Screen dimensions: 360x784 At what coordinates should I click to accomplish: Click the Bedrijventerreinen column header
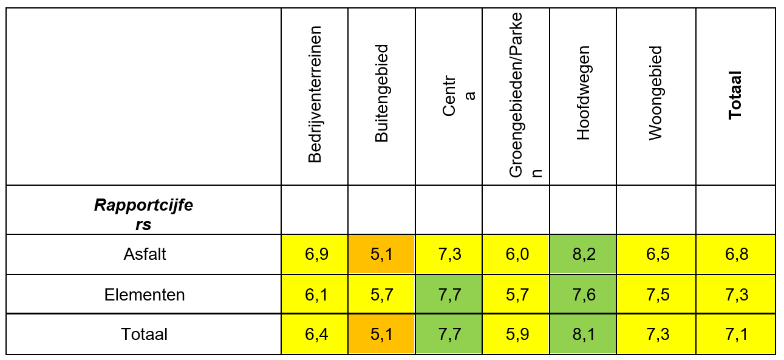click(x=315, y=94)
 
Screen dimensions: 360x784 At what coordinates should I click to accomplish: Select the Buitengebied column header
click(x=381, y=94)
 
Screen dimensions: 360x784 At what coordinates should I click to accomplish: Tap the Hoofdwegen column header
click(x=583, y=94)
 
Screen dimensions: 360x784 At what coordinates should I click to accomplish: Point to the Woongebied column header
click(x=655, y=94)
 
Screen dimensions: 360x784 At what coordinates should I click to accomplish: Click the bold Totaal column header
click(x=735, y=94)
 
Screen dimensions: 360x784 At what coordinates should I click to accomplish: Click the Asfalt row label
click(x=144, y=254)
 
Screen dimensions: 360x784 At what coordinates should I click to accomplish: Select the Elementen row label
click(x=144, y=294)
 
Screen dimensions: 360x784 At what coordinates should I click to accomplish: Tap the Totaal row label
click(x=144, y=334)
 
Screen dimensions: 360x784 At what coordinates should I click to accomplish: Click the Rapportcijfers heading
click(x=144, y=214)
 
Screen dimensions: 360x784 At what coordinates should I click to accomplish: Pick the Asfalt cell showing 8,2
click(x=583, y=254)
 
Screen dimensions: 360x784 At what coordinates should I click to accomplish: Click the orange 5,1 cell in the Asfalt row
click(x=381, y=254)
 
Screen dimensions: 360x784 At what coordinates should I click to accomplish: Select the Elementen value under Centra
click(x=449, y=294)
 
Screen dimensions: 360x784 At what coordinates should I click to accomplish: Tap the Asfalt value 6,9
click(x=315, y=254)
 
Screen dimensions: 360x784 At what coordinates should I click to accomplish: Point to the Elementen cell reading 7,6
click(x=583, y=294)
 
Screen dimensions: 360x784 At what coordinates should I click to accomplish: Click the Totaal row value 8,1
click(x=583, y=334)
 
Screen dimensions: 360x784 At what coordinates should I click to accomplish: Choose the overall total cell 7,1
click(x=735, y=334)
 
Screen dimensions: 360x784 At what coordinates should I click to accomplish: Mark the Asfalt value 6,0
click(x=516, y=254)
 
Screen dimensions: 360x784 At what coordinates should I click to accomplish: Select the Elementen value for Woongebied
click(x=656, y=294)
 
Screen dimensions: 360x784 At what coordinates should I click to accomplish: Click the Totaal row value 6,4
click(x=315, y=334)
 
